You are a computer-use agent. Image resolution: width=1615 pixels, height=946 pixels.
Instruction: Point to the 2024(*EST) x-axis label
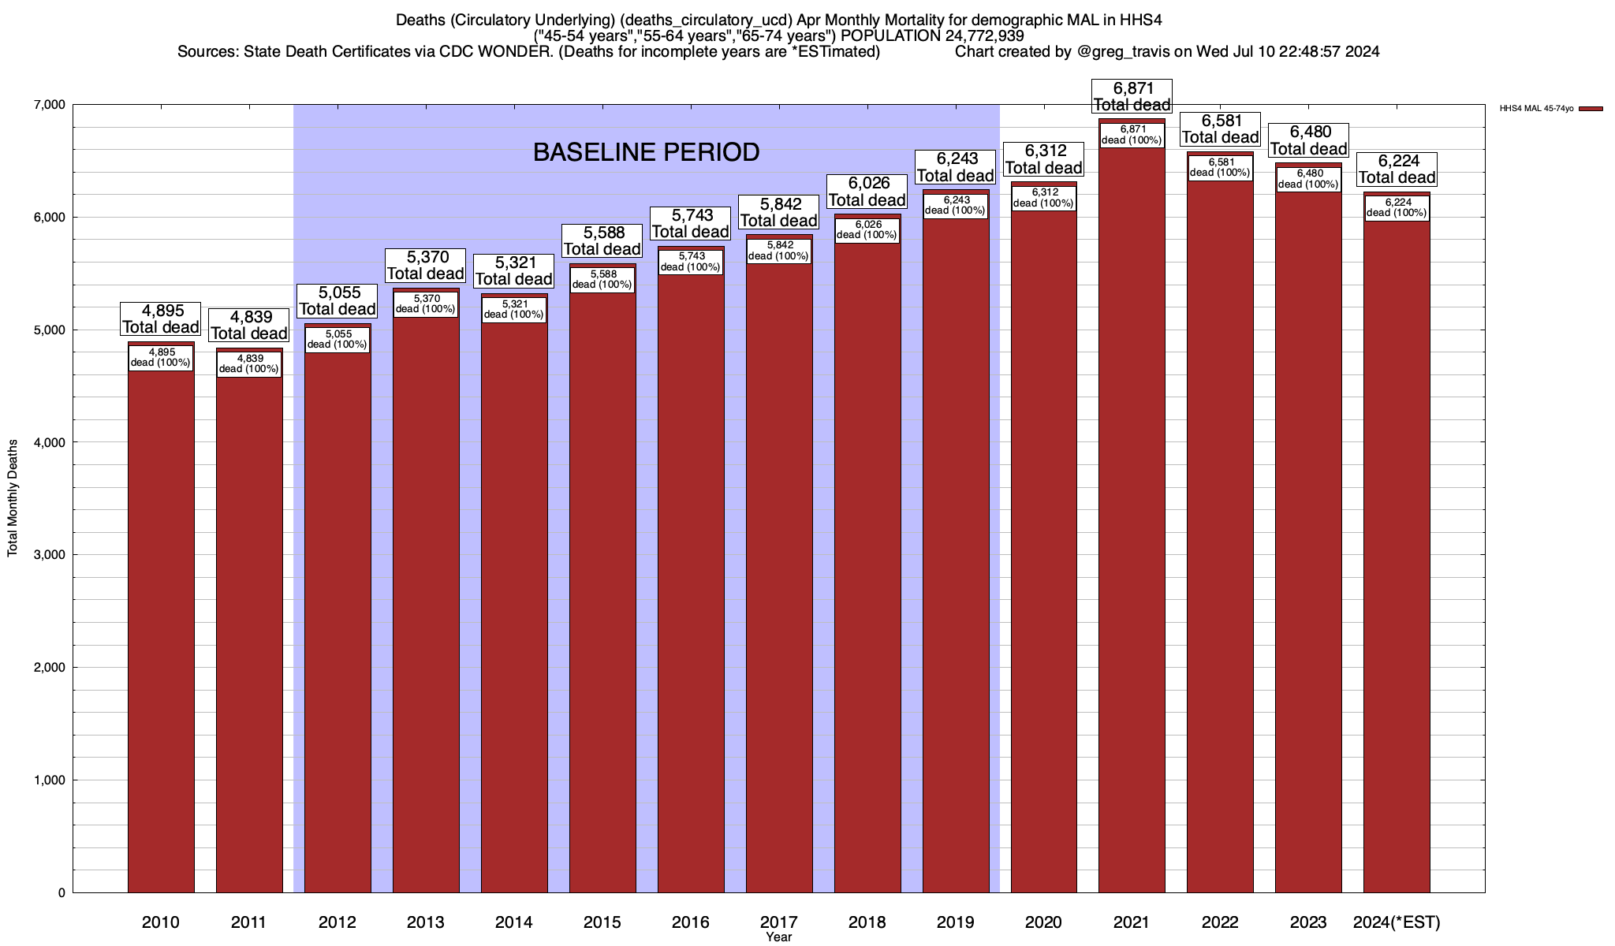pyautogui.click(x=1397, y=922)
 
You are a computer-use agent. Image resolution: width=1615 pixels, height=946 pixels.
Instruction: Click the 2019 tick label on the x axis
pyautogui.click(x=956, y=922)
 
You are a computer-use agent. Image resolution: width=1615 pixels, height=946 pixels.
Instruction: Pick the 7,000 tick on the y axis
pyautogui.click(x=49, y=105)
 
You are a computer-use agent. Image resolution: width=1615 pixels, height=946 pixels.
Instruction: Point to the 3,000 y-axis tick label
pyautogui.click(x=49, y=555)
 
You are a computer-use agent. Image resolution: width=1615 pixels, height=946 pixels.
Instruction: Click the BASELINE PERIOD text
pyautogui.click(x=647, y=152)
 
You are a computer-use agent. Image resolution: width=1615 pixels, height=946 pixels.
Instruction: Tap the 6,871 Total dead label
pyautogui.click(x=1132, y=96)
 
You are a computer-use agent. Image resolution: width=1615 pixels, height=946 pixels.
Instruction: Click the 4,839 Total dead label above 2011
pyautogui.click(x=248, y=325)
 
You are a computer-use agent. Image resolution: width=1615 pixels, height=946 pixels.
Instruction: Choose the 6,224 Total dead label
pyautogui.click(x=1397, y=169)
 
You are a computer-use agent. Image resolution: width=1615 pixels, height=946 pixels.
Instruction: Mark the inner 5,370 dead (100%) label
pyautogui.click(x=426, y=304)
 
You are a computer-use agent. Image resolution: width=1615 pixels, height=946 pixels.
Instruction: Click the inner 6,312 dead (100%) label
pyautogui.click(x=1043, y=198)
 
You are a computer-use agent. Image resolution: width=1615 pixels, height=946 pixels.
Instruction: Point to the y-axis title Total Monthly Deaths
pyautogui.click(x=13, y=498)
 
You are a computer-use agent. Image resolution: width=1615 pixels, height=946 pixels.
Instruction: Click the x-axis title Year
pyautogui.click(x=778, y=937)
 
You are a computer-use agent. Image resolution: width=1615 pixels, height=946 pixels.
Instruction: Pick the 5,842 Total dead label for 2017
pyautogui.click(x=778, y=213)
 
